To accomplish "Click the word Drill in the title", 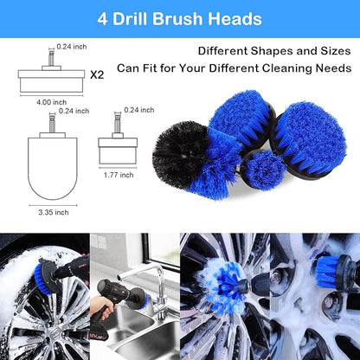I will [x=149, y=18].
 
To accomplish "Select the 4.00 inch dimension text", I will [x=52, y=101].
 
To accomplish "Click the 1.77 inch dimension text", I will [x=119, y=173].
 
